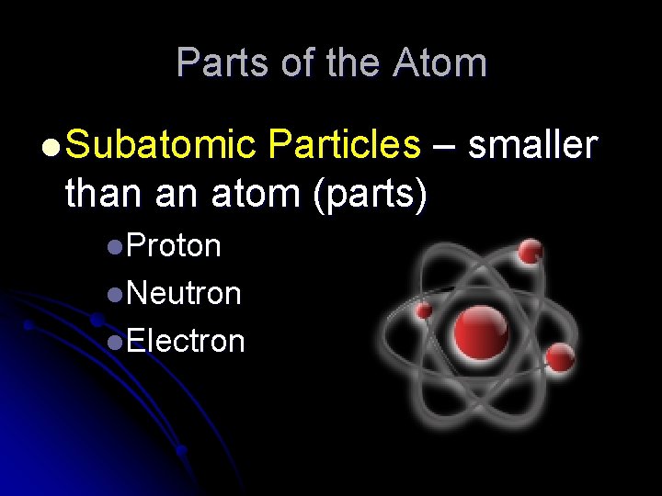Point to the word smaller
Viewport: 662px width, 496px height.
533,146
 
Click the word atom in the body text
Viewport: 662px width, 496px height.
258,194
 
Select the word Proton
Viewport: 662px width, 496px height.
174,246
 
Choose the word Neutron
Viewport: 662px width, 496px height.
184,294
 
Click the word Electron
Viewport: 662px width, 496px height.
186,342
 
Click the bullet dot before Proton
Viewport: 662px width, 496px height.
114,247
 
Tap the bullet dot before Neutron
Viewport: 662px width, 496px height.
114,295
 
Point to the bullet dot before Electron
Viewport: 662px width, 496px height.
114,343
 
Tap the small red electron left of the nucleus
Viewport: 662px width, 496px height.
424,311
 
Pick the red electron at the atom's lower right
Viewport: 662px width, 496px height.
560,358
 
